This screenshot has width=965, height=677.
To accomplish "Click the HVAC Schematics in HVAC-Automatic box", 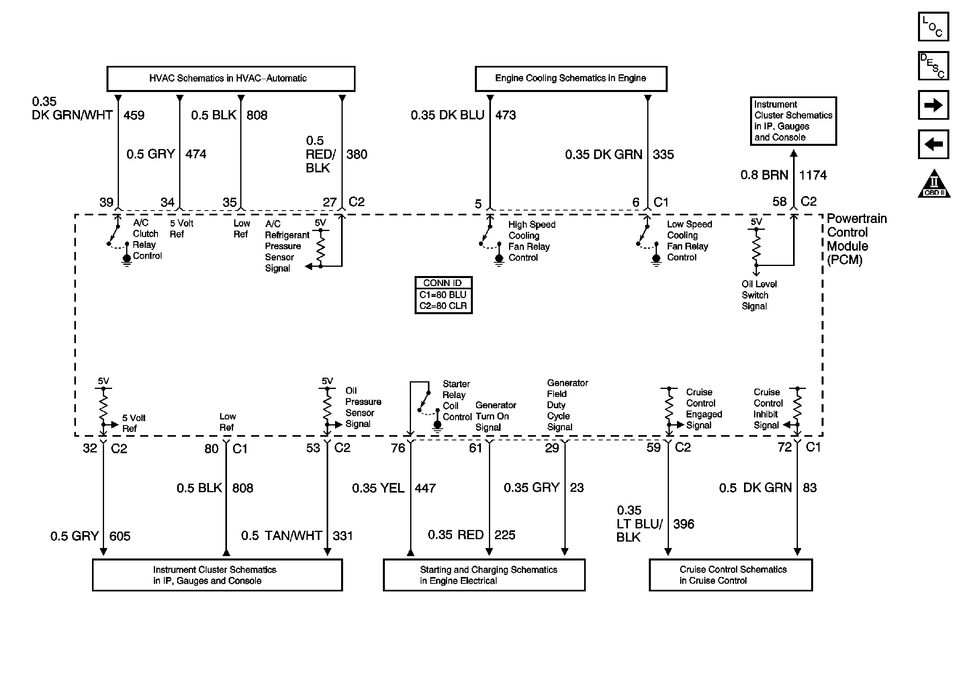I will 231,79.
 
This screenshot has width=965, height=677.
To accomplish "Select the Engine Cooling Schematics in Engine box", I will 571,79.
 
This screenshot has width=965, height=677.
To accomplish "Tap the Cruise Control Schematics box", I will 730,575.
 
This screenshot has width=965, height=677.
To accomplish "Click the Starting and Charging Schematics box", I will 484,575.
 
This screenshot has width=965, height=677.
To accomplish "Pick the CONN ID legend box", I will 443,295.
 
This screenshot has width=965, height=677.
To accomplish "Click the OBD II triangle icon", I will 934,185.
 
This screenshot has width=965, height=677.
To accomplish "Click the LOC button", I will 933,27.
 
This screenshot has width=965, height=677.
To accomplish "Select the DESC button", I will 933,66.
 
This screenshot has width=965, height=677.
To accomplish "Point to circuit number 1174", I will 812,175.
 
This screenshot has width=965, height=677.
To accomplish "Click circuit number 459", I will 134,115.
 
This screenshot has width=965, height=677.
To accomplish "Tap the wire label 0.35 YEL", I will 378,488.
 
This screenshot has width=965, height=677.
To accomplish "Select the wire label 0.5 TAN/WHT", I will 281,536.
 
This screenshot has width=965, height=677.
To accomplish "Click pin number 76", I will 398,448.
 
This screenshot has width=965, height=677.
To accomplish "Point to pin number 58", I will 779,202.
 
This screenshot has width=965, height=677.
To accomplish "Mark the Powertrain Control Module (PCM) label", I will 856,239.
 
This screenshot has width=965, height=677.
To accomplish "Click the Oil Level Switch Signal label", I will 759,295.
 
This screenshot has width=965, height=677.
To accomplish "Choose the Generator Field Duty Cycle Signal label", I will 567,405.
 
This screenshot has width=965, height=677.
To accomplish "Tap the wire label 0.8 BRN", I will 764,175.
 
